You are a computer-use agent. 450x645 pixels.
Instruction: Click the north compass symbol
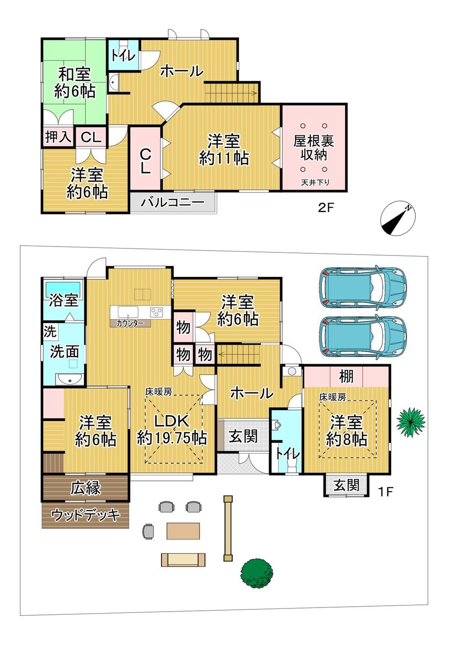point(398,218)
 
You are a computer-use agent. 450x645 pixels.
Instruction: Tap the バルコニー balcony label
point(173,202)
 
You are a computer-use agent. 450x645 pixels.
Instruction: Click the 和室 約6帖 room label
point(74,83)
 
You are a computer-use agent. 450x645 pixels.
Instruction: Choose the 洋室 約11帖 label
point(224,150)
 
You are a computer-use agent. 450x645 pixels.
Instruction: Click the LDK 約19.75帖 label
point(172,430)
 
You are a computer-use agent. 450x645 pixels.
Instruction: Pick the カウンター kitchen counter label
point(130,323)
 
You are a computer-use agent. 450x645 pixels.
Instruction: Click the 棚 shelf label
point(346,376)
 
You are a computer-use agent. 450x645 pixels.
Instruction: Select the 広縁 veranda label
point(86,488)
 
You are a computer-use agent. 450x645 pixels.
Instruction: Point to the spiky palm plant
point(410,421)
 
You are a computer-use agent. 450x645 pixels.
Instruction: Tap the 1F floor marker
point(386,491)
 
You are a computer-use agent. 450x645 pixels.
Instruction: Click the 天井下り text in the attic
point(315,182)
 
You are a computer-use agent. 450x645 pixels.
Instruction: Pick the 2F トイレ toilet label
point(123,55)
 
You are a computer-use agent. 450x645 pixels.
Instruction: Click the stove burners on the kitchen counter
point(156,312)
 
